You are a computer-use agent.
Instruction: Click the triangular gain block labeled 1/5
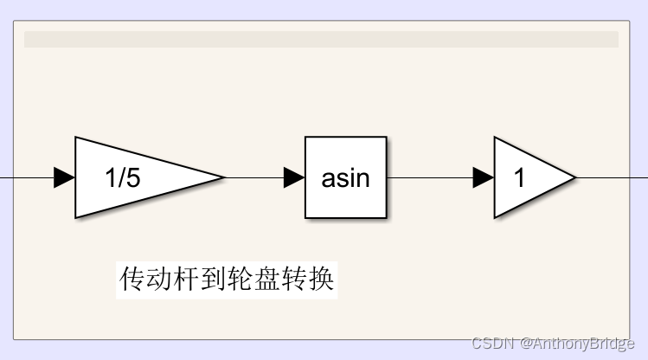click(x=138, y=177)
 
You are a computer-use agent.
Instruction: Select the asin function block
click(x=346, y=177)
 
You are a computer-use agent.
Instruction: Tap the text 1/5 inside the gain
click(x=122, y=178)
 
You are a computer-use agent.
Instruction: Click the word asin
click(x=346, y=178)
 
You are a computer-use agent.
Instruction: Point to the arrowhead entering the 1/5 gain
click(x=64, y=177)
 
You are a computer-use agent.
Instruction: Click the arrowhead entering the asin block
click(x=294, y=177)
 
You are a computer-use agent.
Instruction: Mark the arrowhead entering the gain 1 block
click(x=484, y=177)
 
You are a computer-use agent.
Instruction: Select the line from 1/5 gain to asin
click(x=255, y=177)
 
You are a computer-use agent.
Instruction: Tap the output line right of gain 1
click(x=610, y=177)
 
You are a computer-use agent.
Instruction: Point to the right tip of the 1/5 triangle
click(x=222, y=177)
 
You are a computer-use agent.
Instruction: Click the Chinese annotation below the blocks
click(x=227, y=279)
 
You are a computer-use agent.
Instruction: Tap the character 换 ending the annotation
click(x=322, y=279)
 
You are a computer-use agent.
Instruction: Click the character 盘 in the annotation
click(x=267, y=279)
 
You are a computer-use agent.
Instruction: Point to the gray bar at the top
click(x=321, y=39)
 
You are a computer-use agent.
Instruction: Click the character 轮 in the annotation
click(x=241, y=279)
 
